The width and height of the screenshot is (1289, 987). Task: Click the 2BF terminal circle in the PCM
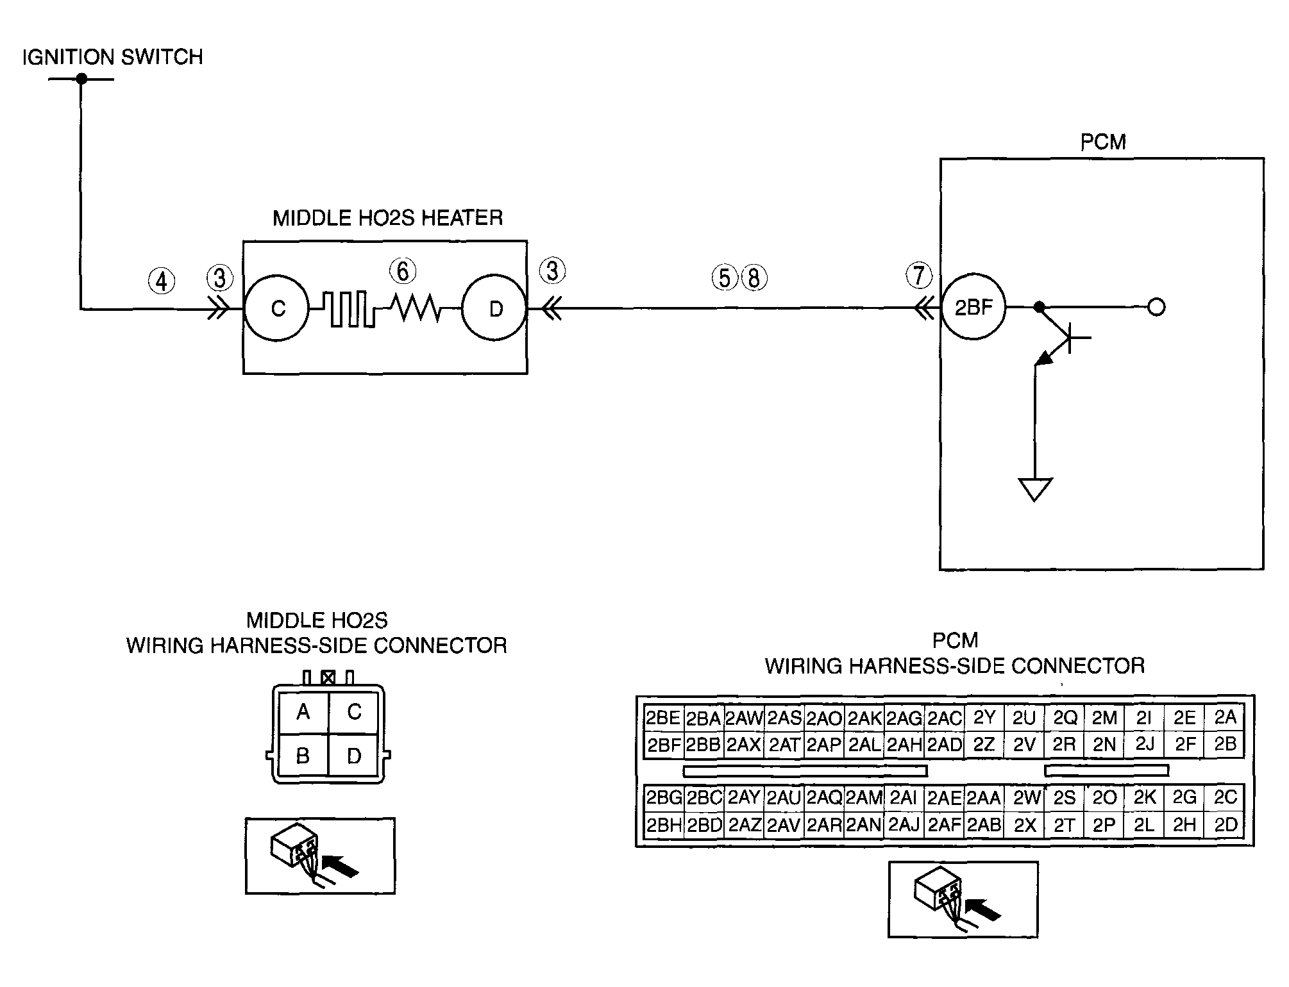click(973, 308)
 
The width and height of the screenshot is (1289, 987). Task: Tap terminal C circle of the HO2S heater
click(277, 308)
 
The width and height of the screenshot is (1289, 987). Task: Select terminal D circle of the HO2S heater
click(494, 308)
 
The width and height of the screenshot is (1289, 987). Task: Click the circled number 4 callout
click(162, 281)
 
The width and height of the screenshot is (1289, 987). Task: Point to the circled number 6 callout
click(403, 271)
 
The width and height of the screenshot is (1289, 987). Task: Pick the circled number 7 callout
click(919, 276)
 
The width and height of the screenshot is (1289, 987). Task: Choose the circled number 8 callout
click(754, 278)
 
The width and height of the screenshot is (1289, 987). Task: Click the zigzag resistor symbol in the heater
click(417, 308)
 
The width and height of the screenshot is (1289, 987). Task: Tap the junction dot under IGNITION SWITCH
click(81, 79)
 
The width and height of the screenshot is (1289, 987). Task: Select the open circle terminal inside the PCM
click(1156, 308)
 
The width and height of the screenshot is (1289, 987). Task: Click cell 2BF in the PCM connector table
click(664, 745)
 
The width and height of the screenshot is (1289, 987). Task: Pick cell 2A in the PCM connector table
click(1225, 717)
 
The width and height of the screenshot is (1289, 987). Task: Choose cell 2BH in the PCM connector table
click(664, 825)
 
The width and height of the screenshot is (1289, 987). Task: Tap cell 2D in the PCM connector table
click(1225, 825)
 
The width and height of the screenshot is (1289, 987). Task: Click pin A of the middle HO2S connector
click(303, 711)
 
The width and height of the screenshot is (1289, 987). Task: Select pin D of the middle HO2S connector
click(354, 756)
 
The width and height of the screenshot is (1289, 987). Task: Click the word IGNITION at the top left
click(69, 57)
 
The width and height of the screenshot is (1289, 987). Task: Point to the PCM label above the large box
click(1103, 142)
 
